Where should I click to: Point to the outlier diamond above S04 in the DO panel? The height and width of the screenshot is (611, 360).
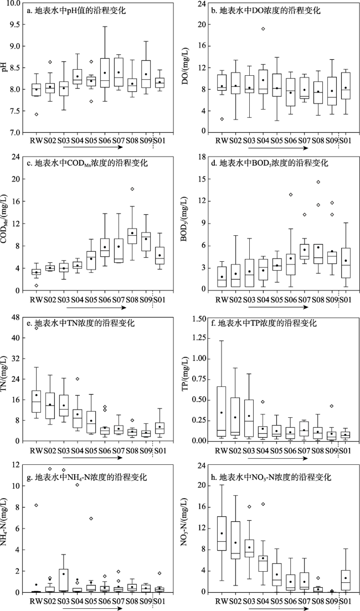263,29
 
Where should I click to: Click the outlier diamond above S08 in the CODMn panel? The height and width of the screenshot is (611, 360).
132,189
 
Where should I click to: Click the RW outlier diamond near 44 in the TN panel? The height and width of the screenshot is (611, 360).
36,328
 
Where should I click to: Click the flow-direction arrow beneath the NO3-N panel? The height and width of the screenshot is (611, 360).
275,605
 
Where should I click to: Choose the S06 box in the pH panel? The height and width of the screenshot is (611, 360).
105,73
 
